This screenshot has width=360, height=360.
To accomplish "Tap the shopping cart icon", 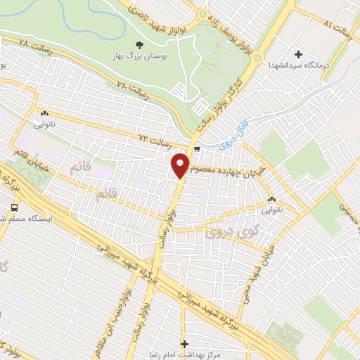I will coord(198,148).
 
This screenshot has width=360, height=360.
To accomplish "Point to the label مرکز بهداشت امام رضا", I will coord(185,355).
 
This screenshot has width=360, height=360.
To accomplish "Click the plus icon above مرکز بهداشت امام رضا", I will coord(185,344).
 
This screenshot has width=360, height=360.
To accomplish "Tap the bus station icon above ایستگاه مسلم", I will coord(14,207).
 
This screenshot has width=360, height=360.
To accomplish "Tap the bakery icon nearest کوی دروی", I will coord(271,199).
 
